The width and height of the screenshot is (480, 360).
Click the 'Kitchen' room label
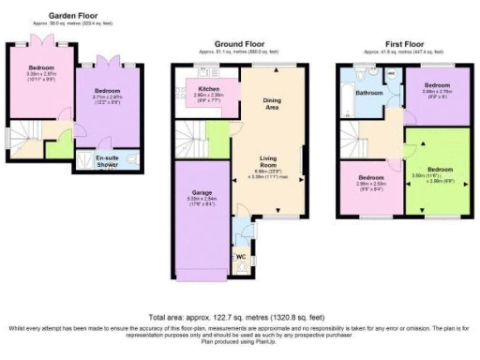[208, 89]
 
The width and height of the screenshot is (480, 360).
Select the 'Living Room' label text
[272, 162]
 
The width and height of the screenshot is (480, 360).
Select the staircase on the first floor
[355, 142]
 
